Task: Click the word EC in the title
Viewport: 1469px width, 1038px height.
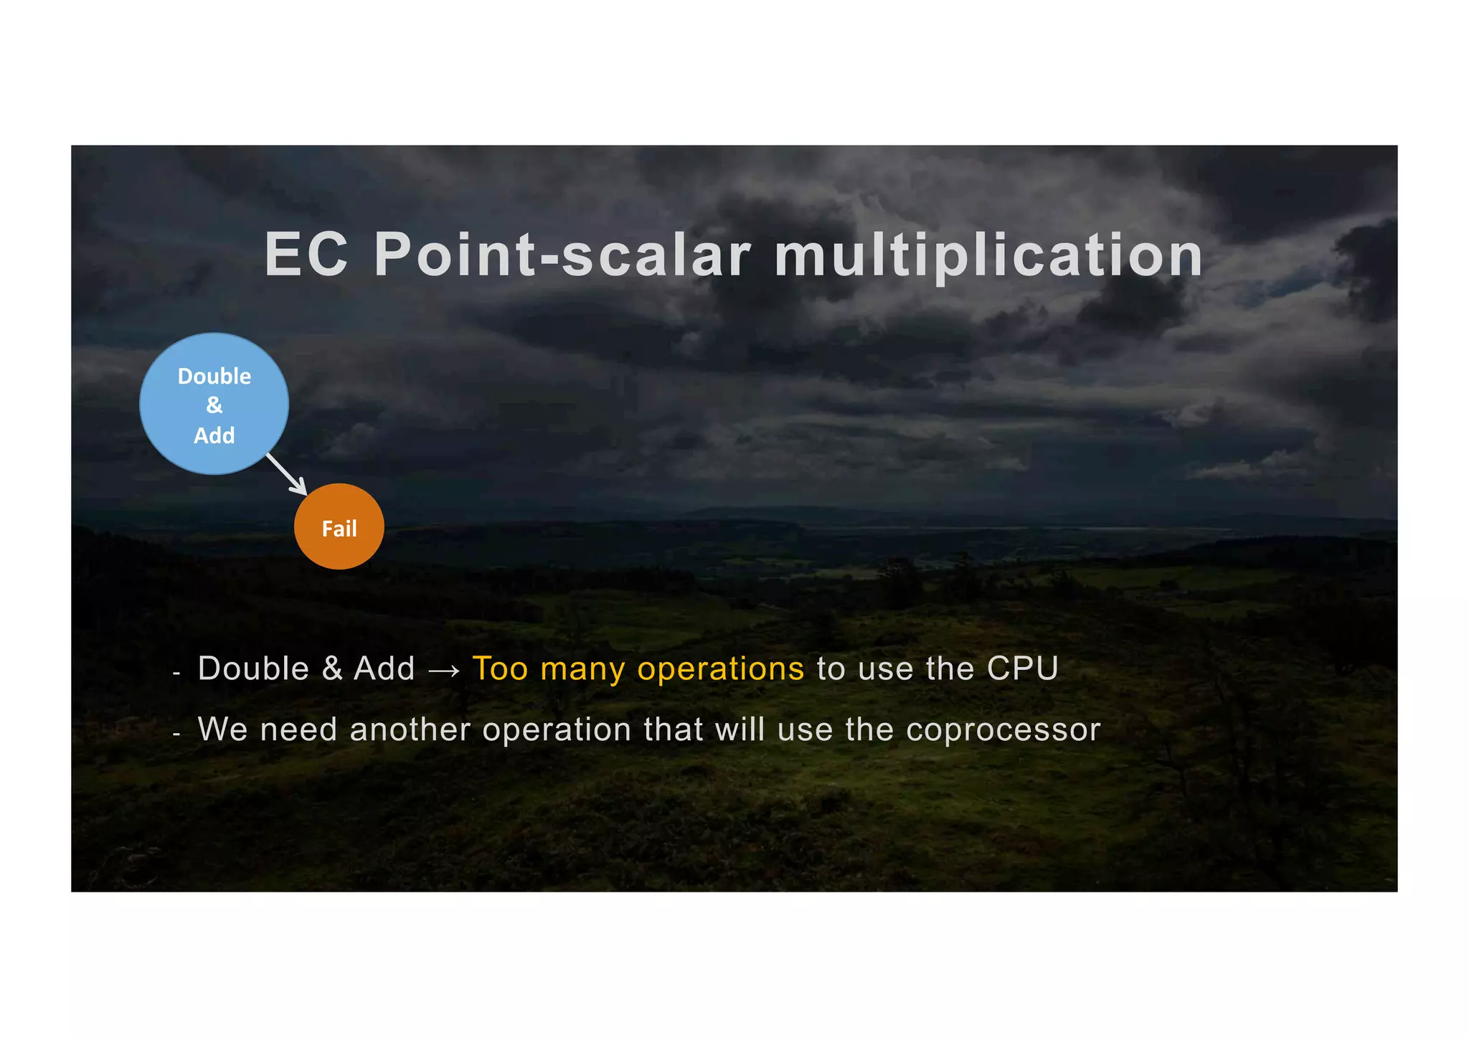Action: (x=306, y=255)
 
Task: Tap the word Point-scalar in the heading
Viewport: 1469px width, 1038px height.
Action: (x=562, y=255)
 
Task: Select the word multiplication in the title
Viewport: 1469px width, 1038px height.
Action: (x=988, y=257)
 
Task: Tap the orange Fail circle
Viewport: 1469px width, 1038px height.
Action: (x=339, y=527)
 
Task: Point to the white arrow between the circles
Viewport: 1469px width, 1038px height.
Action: (x=287, y=474)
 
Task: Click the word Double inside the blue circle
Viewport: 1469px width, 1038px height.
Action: (x=214, y=377)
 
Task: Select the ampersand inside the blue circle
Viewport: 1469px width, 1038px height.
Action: (x=214, y=405)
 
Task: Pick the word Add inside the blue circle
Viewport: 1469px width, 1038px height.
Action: (x=214, y=435)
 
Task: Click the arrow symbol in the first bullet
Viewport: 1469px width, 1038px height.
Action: (x=443, y=671)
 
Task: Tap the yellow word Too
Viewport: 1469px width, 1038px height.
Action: (x=500, y=669)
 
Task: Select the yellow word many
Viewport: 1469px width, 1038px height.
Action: (x=582, y=670)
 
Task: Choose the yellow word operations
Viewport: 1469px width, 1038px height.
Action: (x=721, y=670)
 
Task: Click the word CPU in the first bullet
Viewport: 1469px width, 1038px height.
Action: (x=1022, y=669)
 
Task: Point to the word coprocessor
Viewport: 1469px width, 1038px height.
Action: (x=1003, y=731)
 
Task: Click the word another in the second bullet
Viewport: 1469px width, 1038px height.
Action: (x=410, y=730)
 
